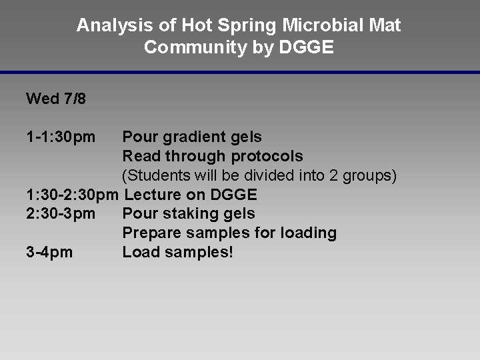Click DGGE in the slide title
tap(305, 48)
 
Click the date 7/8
tap(75, 99)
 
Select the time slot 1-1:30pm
tap(61, 137)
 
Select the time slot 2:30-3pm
tap(61, 214)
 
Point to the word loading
tap(309, 233)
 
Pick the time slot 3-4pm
tap(49, 253)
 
